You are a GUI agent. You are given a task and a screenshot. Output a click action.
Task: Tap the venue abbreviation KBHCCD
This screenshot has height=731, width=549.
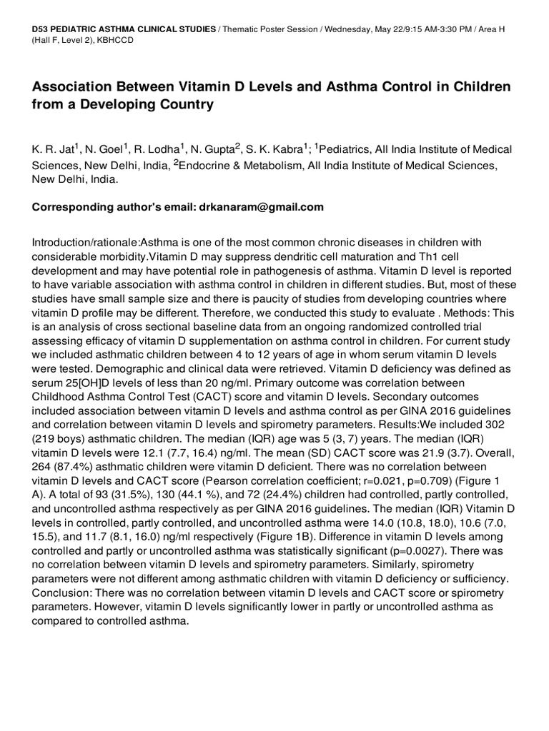[112, 40]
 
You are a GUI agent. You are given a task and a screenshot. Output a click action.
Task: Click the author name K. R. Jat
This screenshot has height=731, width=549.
[53, 149]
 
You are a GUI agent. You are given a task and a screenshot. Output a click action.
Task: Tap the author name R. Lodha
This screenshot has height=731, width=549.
[161, 149]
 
